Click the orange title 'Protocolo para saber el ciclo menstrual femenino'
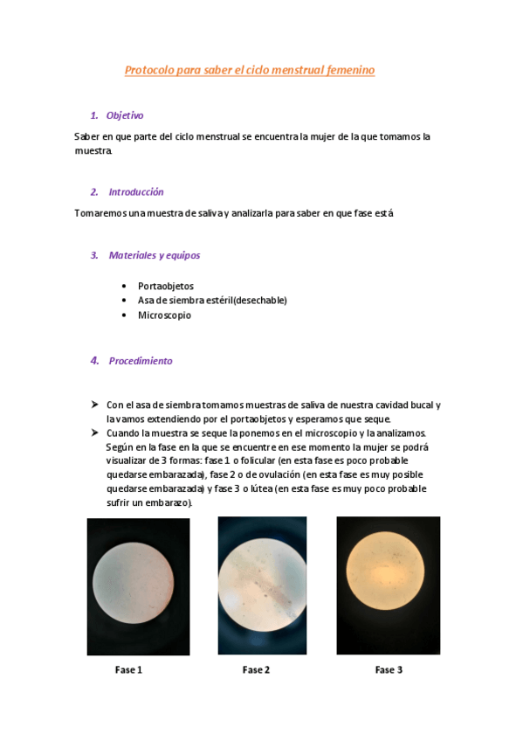click(x=250, y=70)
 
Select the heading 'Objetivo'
click(x=125, y=115)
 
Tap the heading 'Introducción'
click(x=136, y=191)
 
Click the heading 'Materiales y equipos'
click(x=155, y=255)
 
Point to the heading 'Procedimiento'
click(x=141, y=361)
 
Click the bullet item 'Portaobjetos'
click(x=166, y=286)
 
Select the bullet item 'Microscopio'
click(x=164, y=315)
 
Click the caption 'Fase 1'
click(x=128, y=670)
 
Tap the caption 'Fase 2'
click(x=256, y=670)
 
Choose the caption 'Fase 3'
click(x=389, y=670)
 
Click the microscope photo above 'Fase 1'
click(x=138, y=586)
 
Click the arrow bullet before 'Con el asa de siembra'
click(x=93, y=405)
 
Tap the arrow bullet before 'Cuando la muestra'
click(x=93, y=433)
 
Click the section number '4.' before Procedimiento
click(x=95, y=361)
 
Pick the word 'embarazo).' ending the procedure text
click(x=166, y=503)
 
